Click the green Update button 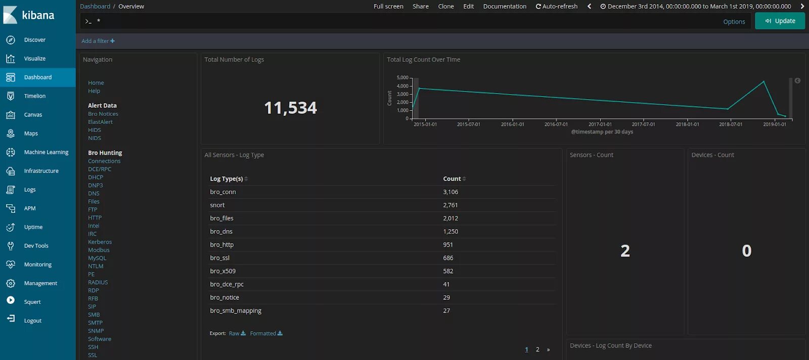coord(780,21)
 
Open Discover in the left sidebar coord(34,40)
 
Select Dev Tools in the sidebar coord(36,246)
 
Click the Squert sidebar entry coord(32,302)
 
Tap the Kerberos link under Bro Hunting coord(100,242)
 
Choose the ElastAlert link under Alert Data coord(100,122)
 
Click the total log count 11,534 coord(290,108)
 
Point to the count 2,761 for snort coord(450,205)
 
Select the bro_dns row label coord(221,232)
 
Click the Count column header coord(452,179)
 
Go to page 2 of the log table coord(537,349)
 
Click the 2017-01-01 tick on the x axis coord(600,124)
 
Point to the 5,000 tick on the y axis coord(402,78)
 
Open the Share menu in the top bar coord(420,7)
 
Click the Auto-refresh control coord(557,7)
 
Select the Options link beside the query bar coord(734,22)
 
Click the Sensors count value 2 coord(625,251)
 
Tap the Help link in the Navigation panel coord(94,91)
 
